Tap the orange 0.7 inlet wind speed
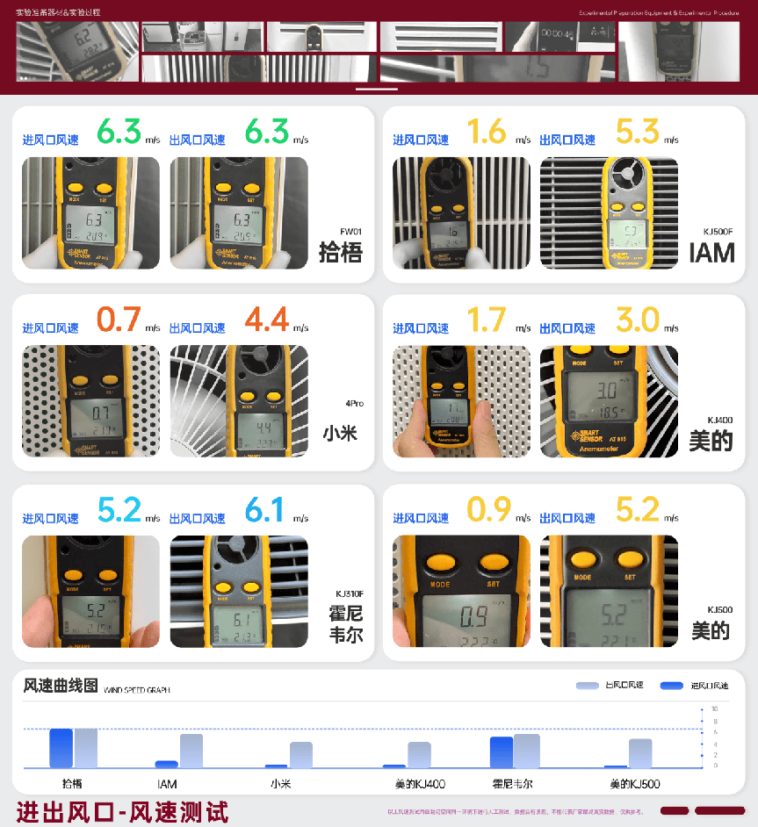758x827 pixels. point(119,320)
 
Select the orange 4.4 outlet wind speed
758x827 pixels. point(267,320)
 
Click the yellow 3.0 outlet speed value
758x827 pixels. point(637,320)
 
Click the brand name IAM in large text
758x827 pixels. point(711,253)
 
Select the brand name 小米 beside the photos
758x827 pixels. point(341,433)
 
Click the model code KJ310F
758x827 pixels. point(349,593)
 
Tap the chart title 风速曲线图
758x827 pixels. point(61,686)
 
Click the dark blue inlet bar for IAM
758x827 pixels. point(167,764)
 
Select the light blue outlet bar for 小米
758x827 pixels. point(301,755)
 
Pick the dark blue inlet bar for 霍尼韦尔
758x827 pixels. point(502,752)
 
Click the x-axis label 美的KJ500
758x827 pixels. point(634,783)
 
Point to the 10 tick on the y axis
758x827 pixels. point(714,708)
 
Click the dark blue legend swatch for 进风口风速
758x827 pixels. point(672,686)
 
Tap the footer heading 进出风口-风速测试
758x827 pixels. point(122,811)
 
